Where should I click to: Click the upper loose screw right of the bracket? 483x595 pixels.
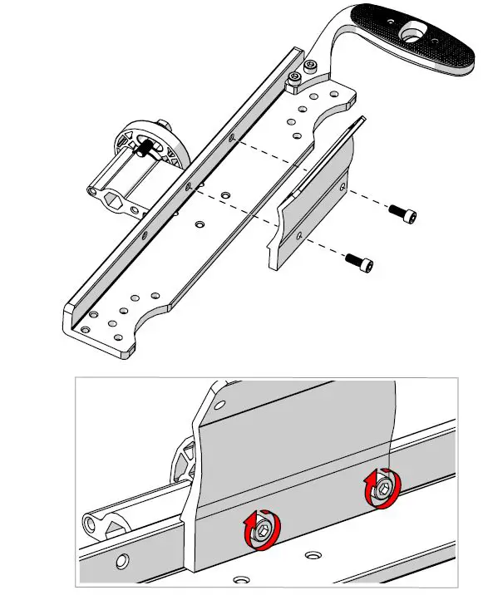(x=402, y=214)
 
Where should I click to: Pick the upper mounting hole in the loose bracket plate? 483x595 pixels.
(x=338, y=189)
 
